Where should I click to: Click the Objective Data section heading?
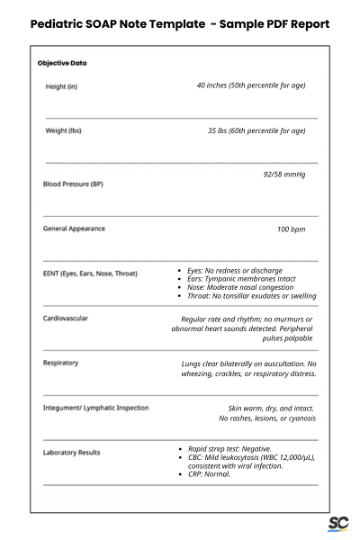62,64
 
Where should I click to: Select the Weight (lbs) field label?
63,131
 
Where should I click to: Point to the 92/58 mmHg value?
283,175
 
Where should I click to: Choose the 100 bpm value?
291,229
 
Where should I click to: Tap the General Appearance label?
74,229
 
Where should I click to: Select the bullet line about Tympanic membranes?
240,279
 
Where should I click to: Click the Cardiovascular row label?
66,319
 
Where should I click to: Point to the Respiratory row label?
60,364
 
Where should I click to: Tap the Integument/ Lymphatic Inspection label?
95,408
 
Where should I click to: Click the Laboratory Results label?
72,453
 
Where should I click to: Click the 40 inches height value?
250,85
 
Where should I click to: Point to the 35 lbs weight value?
256,130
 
